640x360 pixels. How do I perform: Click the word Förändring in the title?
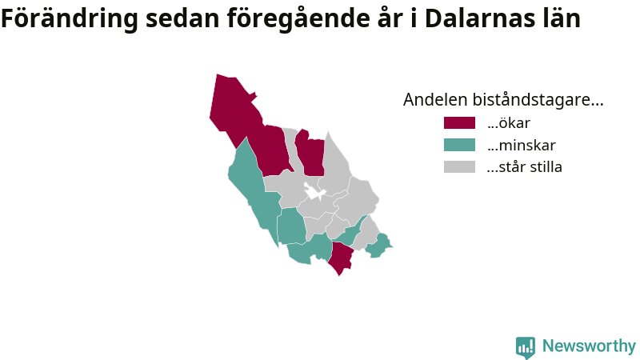point(70,18)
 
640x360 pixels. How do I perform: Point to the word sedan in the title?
point(182,18)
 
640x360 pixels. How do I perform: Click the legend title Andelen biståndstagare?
point(503,99)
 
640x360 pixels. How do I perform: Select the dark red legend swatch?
point(459,123)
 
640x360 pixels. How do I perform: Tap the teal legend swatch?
point(459,145)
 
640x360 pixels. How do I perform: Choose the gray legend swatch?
point(459,166)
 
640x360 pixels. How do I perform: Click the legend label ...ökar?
point(509,123)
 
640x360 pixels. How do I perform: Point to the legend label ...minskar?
point(522,145)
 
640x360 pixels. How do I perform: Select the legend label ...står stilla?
point(525,166)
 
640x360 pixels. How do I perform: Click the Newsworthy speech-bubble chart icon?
point(526,347)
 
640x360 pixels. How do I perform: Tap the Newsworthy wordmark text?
point(589,346)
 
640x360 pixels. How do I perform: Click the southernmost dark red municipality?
point(342,258)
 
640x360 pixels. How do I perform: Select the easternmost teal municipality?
point(378,246)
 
